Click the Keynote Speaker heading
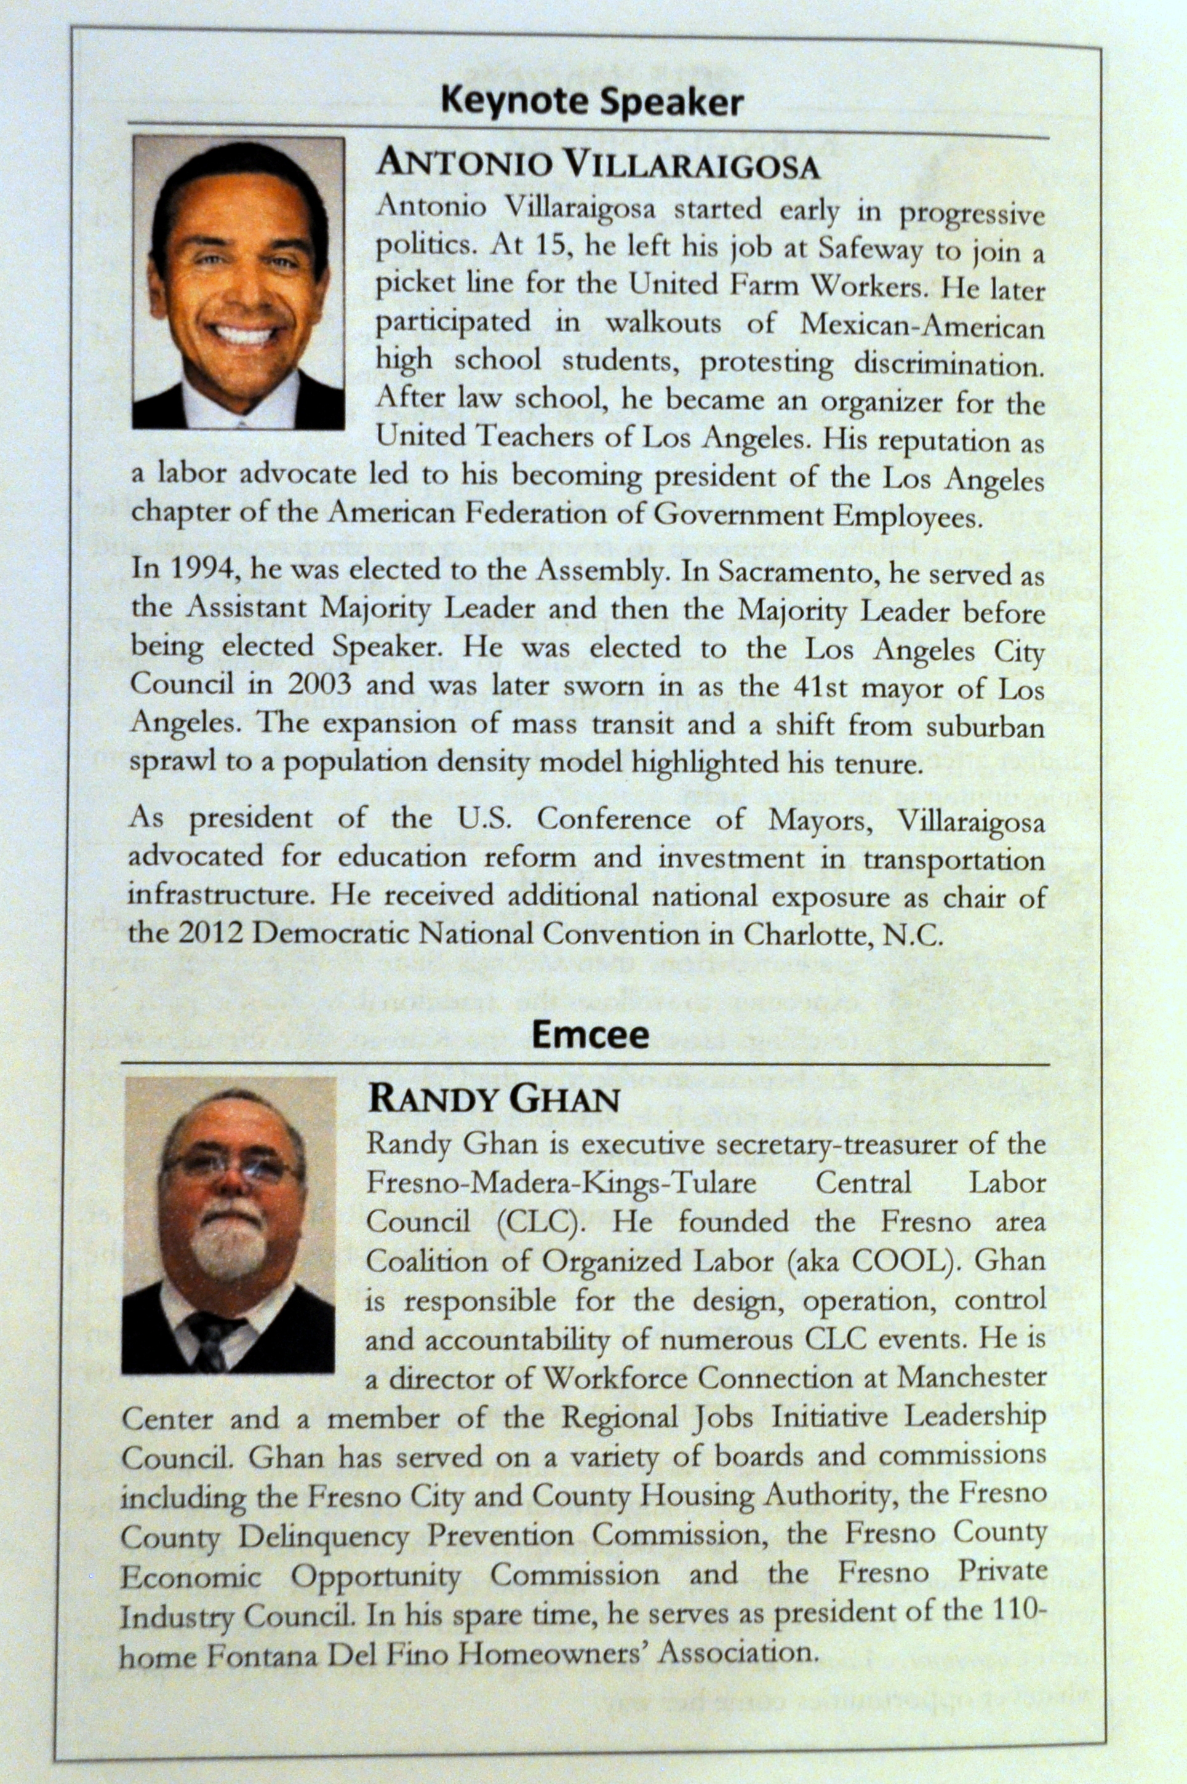[591, 101]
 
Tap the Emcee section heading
[590, 1035]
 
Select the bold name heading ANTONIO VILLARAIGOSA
[598, 165]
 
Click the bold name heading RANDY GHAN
[493, 1100]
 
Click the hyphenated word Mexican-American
[922, 325]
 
